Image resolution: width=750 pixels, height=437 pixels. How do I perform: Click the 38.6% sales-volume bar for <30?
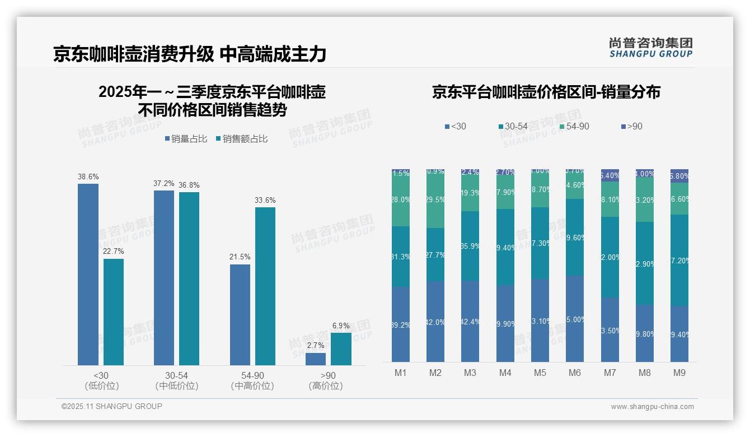pos(88,275)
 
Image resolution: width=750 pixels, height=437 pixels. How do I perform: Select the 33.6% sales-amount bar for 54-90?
pos(265,286)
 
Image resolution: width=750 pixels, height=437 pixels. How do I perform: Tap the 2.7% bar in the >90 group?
pos(316,359)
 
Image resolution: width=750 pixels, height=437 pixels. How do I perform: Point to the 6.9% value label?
pos(341,326)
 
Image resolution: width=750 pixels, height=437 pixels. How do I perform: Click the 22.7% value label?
pos(114,252)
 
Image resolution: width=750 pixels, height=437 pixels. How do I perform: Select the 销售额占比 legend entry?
pos(241,139)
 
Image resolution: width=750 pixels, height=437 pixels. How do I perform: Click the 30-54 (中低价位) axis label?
pos(176,380)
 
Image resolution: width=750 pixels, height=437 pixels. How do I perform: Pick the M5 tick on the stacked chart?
pos(540,373)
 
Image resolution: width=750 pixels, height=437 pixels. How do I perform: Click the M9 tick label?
pos(679,373)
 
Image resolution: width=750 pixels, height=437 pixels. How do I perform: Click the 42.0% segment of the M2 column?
pos(435,322)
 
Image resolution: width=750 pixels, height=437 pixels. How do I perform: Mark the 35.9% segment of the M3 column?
pos(470,246)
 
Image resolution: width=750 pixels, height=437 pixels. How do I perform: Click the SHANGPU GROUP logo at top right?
pos(651,48)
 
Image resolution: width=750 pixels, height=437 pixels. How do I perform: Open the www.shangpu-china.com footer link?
pos(652,407)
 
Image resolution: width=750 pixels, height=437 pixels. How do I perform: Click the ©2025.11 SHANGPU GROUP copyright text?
pos(112,407)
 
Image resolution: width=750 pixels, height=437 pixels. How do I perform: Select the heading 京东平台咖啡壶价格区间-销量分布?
pos(546,92)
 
